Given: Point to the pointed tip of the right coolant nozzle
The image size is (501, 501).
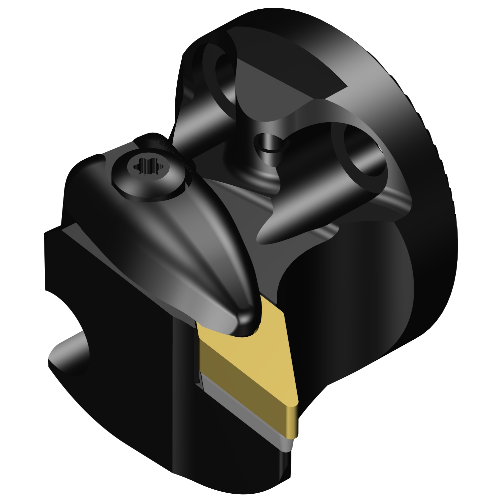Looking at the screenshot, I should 262,237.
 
